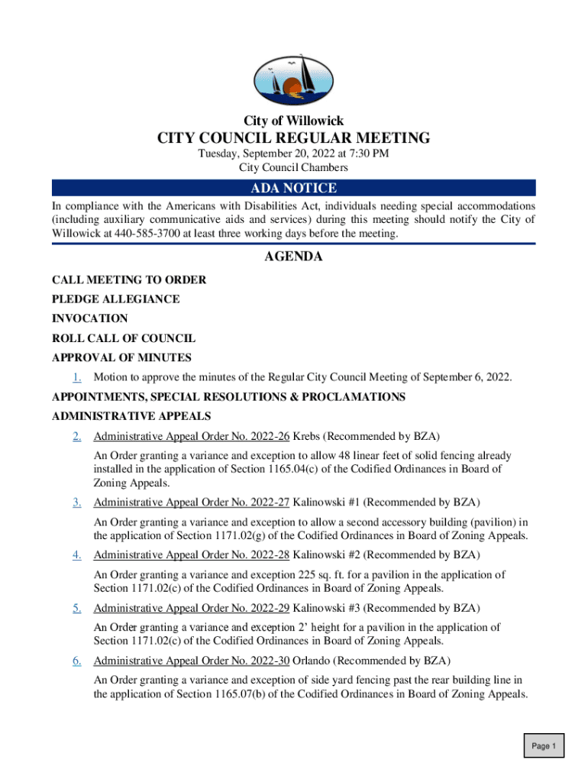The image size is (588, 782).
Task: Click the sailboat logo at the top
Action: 293,79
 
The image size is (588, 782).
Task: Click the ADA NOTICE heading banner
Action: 293,189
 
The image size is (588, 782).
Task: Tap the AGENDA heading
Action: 293,257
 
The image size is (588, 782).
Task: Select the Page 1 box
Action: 544,746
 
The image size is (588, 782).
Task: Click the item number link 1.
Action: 77,377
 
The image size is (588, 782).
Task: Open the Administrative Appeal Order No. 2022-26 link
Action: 191,437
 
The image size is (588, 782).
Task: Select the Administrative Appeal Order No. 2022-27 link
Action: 191,502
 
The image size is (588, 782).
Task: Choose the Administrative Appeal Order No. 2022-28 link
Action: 191,555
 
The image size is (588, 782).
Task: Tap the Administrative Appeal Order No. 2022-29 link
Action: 191,608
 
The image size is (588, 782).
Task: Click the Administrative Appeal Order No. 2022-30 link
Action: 191,661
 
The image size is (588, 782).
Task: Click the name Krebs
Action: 308,437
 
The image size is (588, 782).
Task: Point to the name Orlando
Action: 312,661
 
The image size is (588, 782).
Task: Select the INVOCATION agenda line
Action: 90,318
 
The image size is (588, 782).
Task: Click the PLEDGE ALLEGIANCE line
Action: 116,299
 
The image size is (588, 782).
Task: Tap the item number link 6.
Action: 77,661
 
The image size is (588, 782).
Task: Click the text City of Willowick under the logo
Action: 293,121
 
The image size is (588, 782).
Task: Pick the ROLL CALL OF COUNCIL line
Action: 124,338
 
